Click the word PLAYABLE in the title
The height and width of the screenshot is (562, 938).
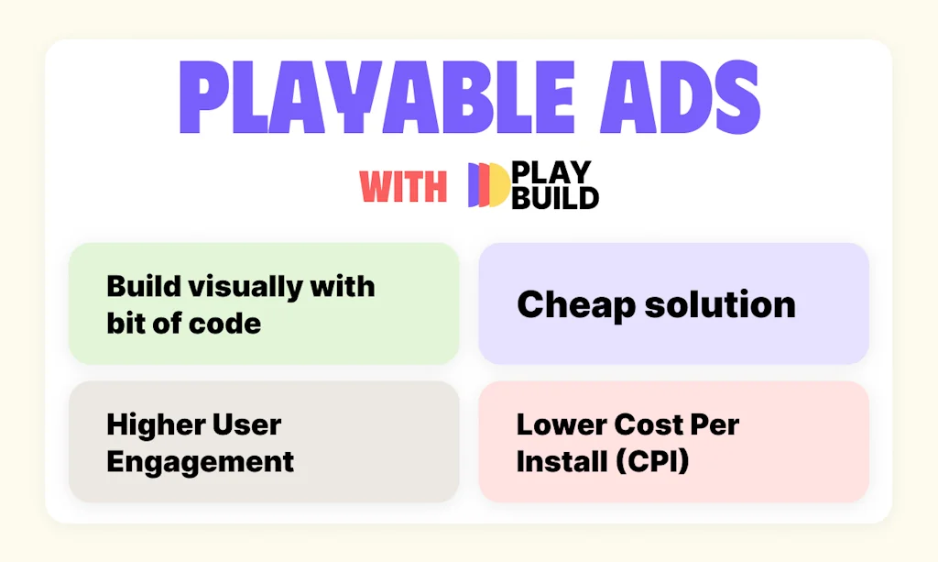pyautogui.click(x=362, y=100)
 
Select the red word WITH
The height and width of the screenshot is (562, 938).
pyautogui.click(x=403, y=187)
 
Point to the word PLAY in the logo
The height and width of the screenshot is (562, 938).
pyautogui.click(x=551, y=173)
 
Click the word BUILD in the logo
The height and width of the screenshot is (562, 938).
pyautogui.click(x=555, y=197)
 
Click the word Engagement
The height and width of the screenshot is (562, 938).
pyautogui.click(x=200, y=460)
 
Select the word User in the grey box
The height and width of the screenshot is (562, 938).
pyautogui.click(x=248, y=424)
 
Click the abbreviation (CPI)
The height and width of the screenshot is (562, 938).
pyautogui.click(x=649, y=461)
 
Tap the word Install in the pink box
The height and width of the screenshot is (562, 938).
pyautogui.click(x=554, y=461)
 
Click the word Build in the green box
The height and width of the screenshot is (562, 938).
pyautogui.click(x=144, y=286)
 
